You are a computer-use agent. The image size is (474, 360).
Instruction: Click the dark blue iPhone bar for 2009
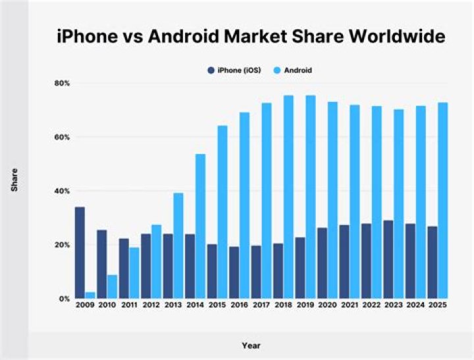pos(80,253)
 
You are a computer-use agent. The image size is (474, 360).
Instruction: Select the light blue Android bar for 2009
pos(90,296)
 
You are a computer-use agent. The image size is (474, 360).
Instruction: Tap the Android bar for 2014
pos(200,226)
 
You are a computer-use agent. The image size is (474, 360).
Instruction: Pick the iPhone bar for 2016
pos(234,272)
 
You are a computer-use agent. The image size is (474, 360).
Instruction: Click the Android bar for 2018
pos(288,197)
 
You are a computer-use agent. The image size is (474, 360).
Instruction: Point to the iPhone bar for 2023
pos(388,260)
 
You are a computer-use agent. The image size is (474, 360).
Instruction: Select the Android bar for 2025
pos(443,201)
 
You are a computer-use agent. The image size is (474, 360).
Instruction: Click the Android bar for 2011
pos(134,273)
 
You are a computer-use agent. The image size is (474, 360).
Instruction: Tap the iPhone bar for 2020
pos(322,263)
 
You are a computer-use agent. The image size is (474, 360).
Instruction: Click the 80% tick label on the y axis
pos(62,83)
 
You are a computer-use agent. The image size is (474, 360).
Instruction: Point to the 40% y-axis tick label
pos(62,191)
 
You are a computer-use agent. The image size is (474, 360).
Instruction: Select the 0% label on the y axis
pos(65,299)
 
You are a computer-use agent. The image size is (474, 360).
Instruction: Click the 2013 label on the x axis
pos(173,305)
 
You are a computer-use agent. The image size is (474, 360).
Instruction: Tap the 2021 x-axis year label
pos(350,305)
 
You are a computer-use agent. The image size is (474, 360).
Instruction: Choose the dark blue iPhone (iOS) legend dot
pos(211,70)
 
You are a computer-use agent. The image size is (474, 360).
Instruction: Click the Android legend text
pos(298,70)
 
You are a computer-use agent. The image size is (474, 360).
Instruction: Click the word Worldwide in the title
pos(397,36)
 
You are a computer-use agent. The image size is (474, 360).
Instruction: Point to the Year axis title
pos(251,346)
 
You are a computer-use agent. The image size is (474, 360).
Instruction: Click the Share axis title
pos(14,180)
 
